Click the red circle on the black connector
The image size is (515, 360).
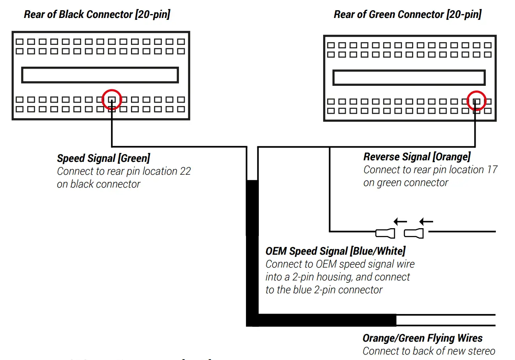[x=112, y=99]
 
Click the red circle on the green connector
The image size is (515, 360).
[x=476, y=101]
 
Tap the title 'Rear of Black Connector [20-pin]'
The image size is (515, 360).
[x=97, y=14]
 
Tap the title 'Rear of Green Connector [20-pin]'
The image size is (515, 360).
[x=407, y=14]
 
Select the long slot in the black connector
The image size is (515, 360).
[x=100, y=75]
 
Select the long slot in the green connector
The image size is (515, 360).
[x=409, y=78]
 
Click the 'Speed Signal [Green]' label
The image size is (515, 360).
[x=103, y=158]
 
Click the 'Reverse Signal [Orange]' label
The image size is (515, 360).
[x=417, y=157]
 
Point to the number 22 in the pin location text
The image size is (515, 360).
[x=185, y=171]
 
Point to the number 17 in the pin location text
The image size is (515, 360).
[x=492, y=170]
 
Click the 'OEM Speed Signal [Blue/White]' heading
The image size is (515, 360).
[x=335, y=251]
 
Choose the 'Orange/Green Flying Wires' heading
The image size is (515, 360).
[x=422, y=338]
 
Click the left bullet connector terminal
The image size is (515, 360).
[x=385, y=233]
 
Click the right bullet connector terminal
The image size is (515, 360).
[x=414, y=233]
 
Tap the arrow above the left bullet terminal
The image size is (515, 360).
[x=400, y=222]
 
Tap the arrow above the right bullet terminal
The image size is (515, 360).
[x=426, y=222]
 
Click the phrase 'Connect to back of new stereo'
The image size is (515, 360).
[x=429, y=351]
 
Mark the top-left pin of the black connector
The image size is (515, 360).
[x=19, y=42]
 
